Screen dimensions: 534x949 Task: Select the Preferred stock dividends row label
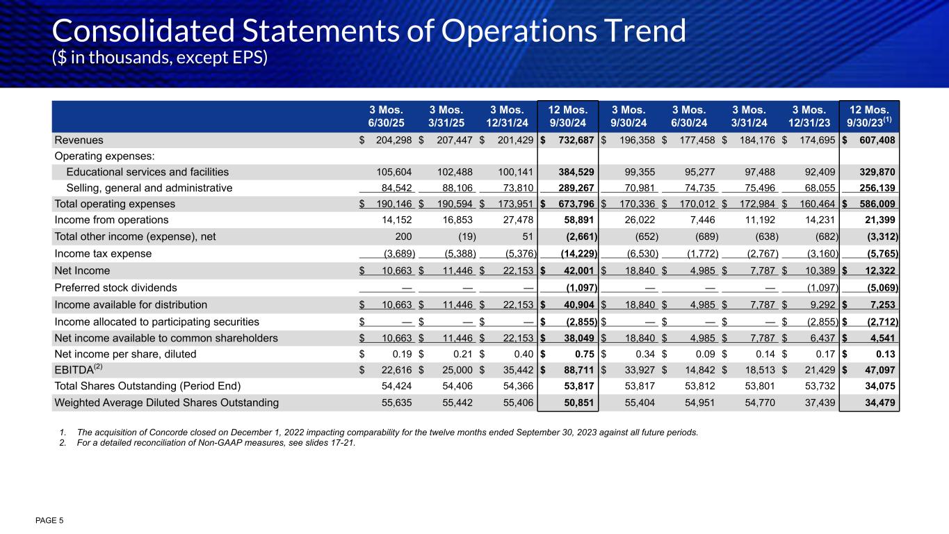tap(115, 287)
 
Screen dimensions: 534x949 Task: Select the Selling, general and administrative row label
tap(149, 188)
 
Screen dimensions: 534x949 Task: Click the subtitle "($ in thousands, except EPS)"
tap(160, 58)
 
